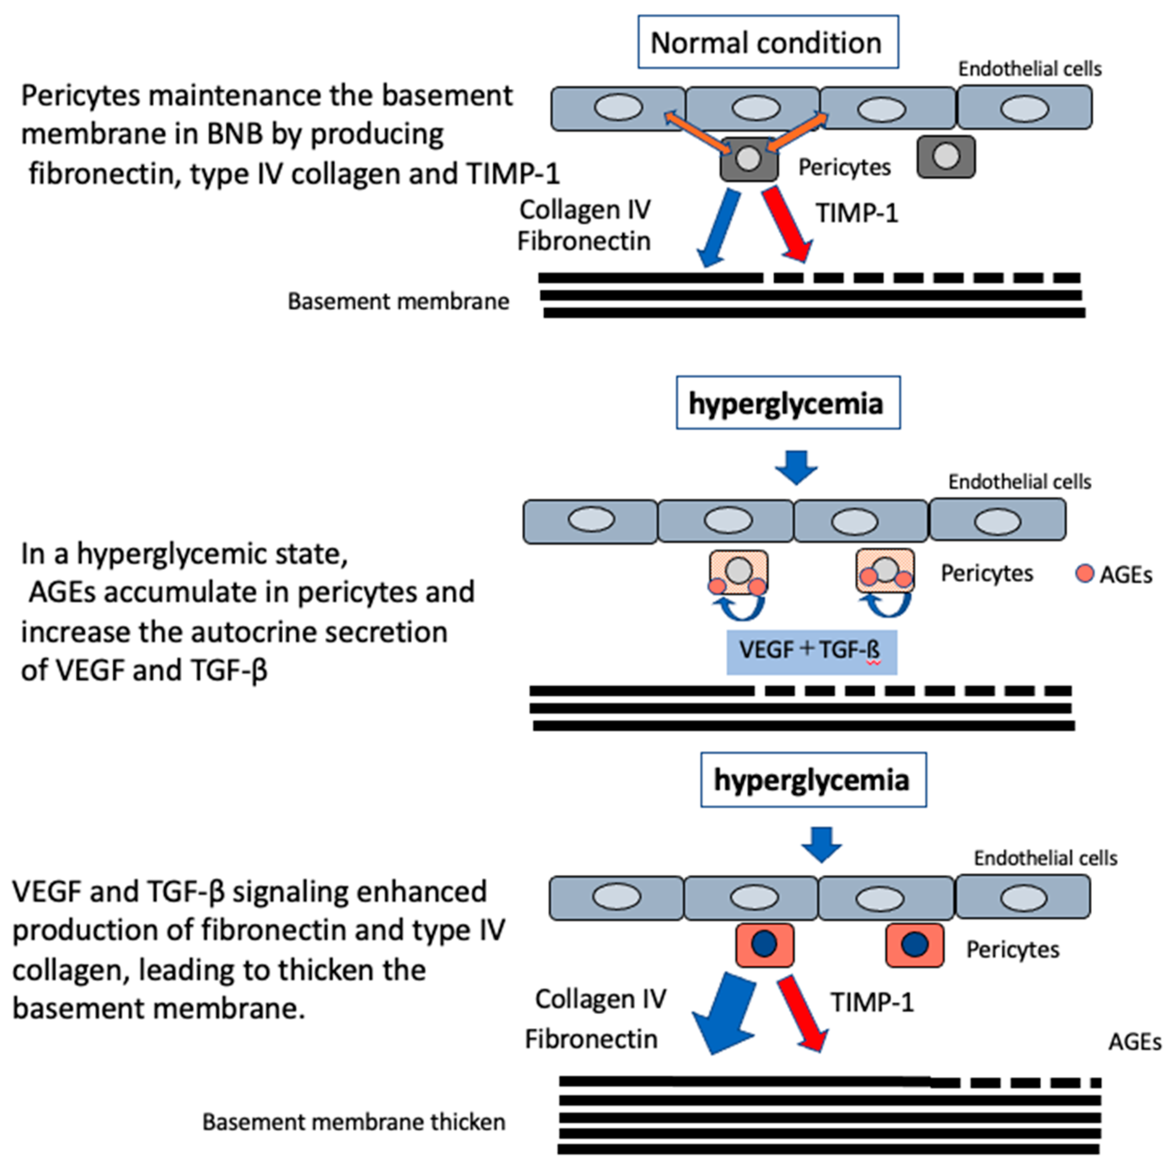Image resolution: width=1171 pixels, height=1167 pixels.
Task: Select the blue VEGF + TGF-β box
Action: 811,652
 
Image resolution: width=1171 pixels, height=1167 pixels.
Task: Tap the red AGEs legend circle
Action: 1084,573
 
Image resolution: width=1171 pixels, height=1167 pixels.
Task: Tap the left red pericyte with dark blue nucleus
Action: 764,945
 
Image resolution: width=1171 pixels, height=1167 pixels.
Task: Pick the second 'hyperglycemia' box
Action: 813,780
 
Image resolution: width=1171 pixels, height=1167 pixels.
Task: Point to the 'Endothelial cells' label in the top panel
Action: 1029,69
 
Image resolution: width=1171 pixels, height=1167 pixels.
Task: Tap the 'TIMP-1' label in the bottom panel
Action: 872,1002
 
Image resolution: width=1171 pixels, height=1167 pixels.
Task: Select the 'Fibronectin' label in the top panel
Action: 584,241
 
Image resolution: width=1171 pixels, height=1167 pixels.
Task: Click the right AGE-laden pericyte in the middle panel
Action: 885,571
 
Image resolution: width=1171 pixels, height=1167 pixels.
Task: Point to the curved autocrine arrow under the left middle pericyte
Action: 738,608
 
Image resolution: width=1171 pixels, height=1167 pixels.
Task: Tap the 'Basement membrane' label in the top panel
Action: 398,301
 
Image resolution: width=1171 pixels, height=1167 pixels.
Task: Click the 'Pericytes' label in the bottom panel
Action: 1012,949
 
